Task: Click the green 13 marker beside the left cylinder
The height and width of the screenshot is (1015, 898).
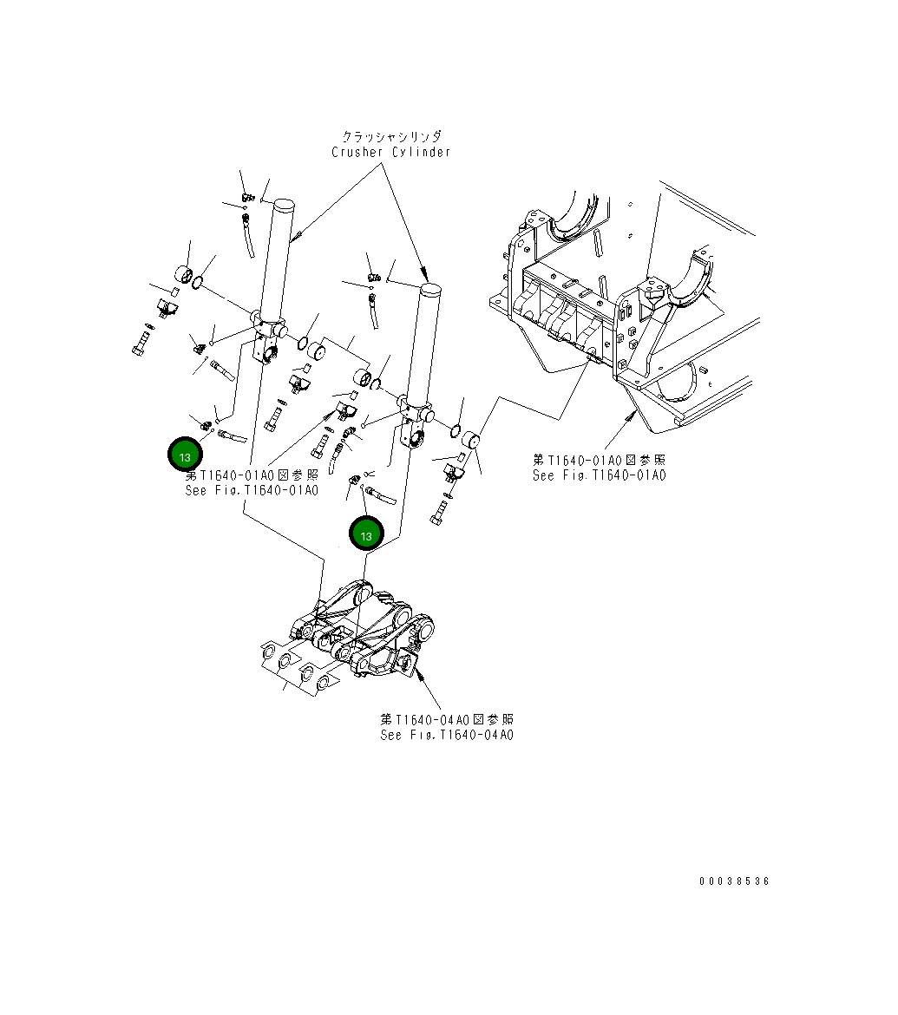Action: click(x=184, y=455)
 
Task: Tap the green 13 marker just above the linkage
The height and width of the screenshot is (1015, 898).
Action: click(x=365, y=534)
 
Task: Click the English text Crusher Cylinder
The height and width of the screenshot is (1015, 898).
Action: click(x=390, y=153)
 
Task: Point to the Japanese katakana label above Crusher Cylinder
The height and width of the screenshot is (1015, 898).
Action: click(x=390, y=137)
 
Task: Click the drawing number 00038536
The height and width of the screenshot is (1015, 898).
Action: click(x=734, y=881)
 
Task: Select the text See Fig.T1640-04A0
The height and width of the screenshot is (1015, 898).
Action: click(x=447, y=735)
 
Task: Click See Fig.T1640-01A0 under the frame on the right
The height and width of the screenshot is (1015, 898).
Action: click(x=599, y=475)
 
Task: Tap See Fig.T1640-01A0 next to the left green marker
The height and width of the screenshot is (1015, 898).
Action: click(x=252, y=490)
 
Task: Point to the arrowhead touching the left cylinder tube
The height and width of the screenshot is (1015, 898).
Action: click(x=298, y=235)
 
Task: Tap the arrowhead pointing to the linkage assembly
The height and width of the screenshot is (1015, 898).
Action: click(x=417, y=671)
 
